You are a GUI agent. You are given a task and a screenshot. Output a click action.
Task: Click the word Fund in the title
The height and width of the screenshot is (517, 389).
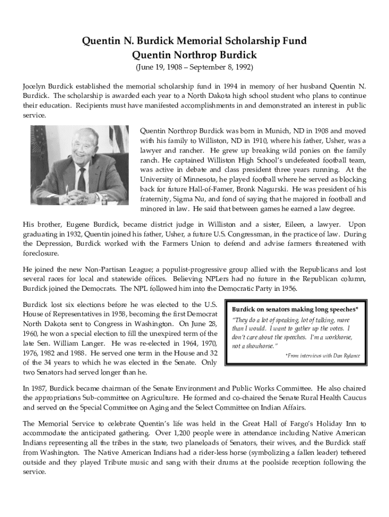pos(293,41)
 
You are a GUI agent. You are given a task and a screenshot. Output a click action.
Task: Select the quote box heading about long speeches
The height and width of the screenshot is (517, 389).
pos(295,308)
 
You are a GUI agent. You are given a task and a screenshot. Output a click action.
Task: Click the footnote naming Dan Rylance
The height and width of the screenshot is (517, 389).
pos(323,355)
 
